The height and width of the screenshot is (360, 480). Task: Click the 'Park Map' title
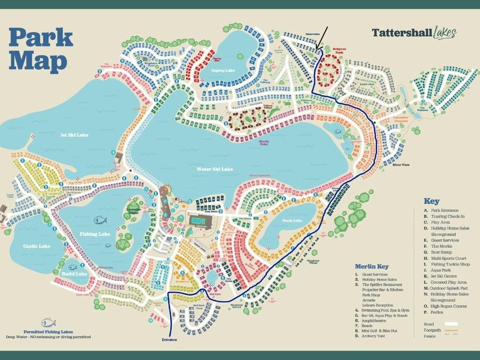pyautogui.click(x=41, y=50)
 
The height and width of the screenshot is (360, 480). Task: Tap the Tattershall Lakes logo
pyautogui.click(x=414, y=33)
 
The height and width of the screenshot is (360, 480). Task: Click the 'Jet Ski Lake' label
pyautogui.click(x=74, y=135)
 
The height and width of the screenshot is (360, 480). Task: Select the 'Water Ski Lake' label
pyautogui.click(x=215, y=169)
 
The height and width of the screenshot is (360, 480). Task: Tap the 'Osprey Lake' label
pyautogui.click(x=223, y=70)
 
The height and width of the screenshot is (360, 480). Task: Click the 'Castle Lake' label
pyautogui.click(x=37, y=246)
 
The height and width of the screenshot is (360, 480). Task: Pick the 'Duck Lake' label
pyautogui.click(x=292, y=221)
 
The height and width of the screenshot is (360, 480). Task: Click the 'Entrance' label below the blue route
pyautogui.click(x=169, y=340)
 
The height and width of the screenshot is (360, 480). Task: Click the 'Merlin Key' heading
pyautogui.click(x=371, y=266)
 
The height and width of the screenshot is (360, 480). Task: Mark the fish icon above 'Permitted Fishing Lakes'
pyautogui.click(x=48, y=323)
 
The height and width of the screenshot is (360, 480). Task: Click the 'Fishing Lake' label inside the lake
pyautogui.click(x=95, y=234)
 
